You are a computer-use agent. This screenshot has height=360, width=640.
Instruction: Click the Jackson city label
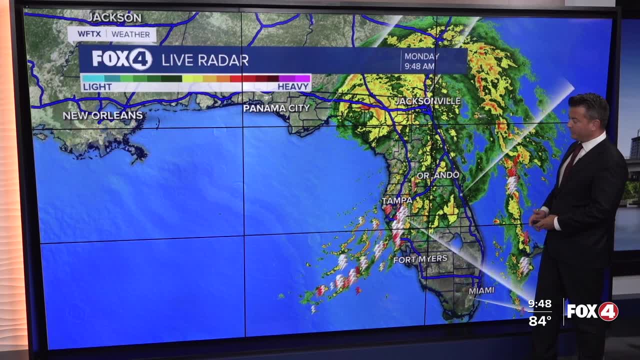tap(114, 17)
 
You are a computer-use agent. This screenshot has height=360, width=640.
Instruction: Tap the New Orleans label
tap(102, 115)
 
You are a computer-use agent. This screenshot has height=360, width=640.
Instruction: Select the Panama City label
tap(276, 108)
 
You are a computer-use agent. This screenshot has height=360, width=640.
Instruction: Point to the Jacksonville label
tap(427, 101)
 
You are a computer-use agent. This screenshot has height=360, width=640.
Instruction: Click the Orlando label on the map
tap(437, 175)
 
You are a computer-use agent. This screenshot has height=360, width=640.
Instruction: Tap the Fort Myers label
tap(420, 259)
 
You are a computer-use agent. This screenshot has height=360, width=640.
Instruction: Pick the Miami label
tap(481, 290)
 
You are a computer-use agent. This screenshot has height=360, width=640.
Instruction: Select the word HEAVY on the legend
tap(293, 86)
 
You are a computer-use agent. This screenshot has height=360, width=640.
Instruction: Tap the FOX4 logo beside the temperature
tap(592, 311)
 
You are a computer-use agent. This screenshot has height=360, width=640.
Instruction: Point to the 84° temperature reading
tap(540, 320)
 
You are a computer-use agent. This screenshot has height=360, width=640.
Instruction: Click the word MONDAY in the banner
tap(422, 56)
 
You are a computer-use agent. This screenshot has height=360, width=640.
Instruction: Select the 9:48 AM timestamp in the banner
tap(419, 66)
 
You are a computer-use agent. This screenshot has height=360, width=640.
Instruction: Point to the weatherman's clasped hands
tap(542, 218)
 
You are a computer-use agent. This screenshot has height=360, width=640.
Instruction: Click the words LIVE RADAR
tap(204, 60)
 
